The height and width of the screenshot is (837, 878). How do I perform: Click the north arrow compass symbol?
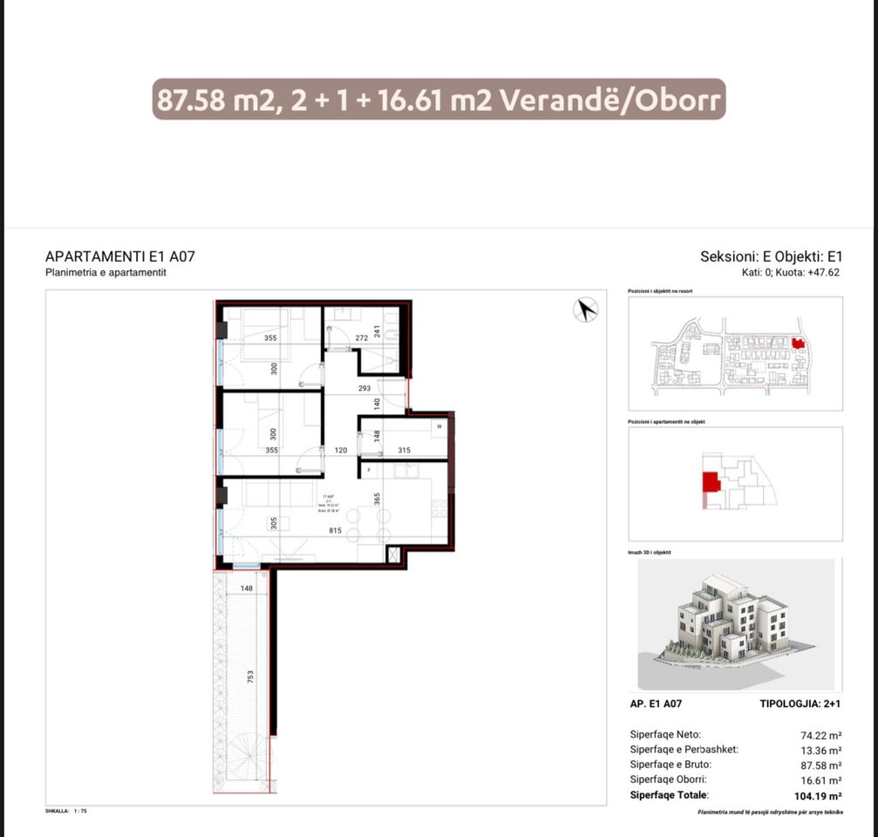pyautogui.click(x=586, y=309)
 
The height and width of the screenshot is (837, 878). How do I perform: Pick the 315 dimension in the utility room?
pyautogui.click(x=403, y=450)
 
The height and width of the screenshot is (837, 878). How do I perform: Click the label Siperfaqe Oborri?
pyautogui.click(x=668, y=779)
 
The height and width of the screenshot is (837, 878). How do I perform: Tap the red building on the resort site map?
pyautogui.click(x=797, y=344)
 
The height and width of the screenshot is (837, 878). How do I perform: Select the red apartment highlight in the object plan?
pyautogui.click(x=711, y=483)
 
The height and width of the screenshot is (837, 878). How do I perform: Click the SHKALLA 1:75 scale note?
pyautogui.click(x=66, y=811)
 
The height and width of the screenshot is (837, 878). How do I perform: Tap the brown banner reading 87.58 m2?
pyautogui.click(x=439, y=100)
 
